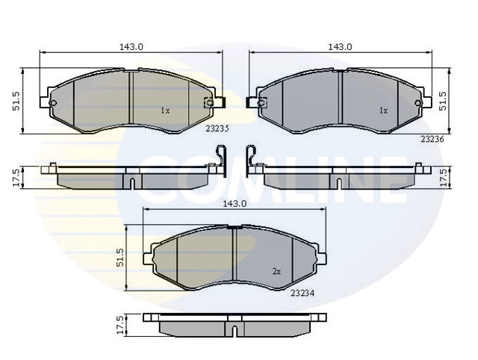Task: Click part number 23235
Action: pos(217,128)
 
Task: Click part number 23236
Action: pos(432,140)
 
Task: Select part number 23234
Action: pos(302,294)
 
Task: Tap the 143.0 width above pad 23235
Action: pos(131,47)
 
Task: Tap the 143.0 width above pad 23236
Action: pos(341,47)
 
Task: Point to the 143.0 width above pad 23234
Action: pos(235,204)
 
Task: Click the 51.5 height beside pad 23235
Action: pos(16,101)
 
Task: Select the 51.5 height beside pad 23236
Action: pos(443,101)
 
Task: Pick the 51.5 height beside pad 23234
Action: pos(120,258)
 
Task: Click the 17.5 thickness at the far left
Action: pos(16,178)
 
